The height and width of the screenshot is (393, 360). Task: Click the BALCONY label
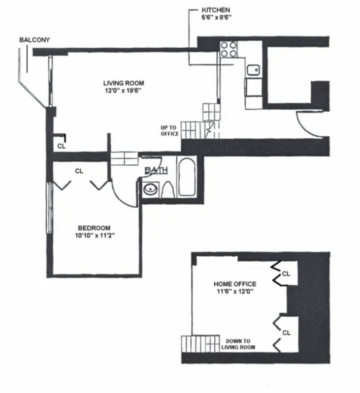(35, 40)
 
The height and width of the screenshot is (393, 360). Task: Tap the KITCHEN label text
(216, 9)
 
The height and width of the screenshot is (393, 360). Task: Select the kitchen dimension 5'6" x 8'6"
(216, 17)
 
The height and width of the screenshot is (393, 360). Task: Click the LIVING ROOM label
(124, 83)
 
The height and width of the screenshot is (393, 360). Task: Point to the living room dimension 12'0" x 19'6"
(124, 91)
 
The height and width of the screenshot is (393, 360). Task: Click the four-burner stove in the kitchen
(228, 49)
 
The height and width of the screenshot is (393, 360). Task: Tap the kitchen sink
(254, 70)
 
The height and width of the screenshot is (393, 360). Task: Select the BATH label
(157, 171)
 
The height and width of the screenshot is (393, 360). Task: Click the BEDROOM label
(94, 228)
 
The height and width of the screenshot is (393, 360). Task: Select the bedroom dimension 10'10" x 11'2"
(94, 236)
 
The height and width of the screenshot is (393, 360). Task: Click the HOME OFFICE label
(234, 284)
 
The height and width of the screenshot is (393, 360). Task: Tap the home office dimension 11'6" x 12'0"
(234, 292)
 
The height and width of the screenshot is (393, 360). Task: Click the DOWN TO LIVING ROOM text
(238, 344)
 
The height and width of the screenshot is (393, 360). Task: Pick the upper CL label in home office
(287, 273)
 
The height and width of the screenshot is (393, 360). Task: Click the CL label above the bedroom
(79, 171)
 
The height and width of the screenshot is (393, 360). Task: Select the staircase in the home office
(199, 343)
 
